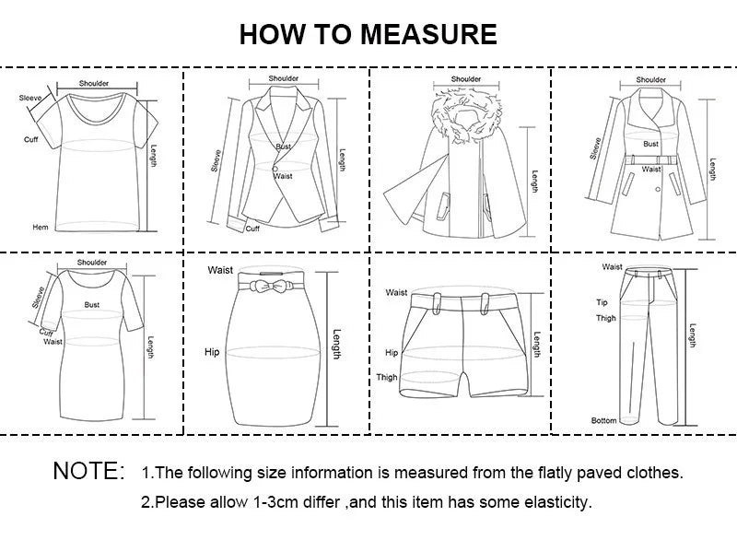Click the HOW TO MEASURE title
368,34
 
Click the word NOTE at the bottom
88,472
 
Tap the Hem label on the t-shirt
40,227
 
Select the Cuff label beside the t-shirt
30,139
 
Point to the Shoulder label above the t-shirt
93,83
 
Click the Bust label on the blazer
283,147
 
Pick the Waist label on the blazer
284,175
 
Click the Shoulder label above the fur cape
466,79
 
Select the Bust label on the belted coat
650,144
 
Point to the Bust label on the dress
92,303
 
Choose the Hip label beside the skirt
212,352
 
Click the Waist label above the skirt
220,270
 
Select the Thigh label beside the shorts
386,377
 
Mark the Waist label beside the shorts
396,292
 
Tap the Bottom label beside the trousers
603,420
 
